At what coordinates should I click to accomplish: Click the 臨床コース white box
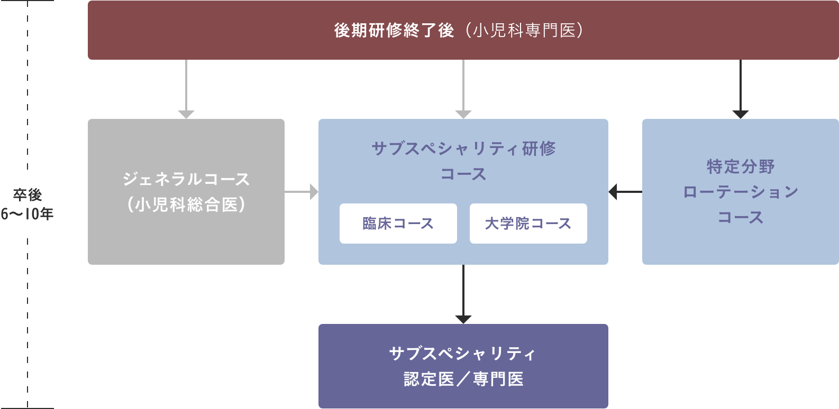coord(398,224)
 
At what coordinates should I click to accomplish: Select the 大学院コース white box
coord(528,224)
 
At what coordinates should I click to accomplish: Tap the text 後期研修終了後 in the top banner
coord(394,31)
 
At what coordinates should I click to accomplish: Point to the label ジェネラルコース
coord(186,179)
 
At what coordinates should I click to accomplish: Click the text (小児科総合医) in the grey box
coord(186,204)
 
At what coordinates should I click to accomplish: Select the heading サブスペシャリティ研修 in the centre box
coord(463,148)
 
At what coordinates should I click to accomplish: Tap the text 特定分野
coord(740,166)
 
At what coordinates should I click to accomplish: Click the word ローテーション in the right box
coord(740,192)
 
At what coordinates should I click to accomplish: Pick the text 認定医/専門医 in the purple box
coord(463,379)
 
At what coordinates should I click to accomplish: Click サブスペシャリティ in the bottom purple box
coord(463,354)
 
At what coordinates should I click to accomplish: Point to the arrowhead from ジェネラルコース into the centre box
coord(314,192)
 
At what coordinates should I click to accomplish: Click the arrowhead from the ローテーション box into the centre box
coord(613,192)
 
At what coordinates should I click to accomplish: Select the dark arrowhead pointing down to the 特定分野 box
coord(740,115)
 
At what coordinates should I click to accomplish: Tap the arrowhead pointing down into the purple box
coord(463,320)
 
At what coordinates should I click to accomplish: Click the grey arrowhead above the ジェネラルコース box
coord(186,115)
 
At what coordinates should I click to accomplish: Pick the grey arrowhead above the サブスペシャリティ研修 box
coord(463,115)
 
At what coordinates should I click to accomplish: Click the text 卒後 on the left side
coord(28,195)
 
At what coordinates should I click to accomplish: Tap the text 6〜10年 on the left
coord(28,214)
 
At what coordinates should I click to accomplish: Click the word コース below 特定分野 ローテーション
coord(740,217)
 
